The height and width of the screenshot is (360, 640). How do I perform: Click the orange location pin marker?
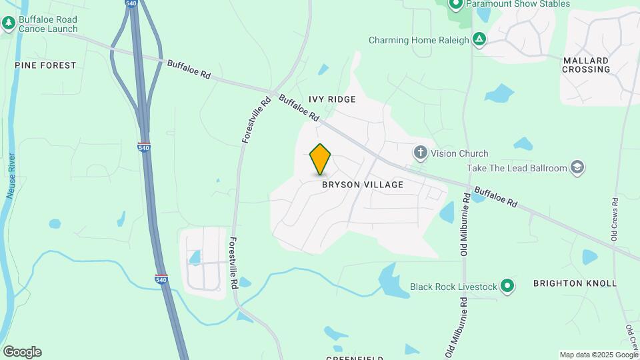point(321,159)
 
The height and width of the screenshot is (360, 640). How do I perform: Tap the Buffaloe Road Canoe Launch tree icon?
point(9,23)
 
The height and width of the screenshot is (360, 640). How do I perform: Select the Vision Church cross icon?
point(420,153)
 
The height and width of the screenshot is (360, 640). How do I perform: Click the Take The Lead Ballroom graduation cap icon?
point(577,168)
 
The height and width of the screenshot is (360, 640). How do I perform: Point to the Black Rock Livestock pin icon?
point(507,287)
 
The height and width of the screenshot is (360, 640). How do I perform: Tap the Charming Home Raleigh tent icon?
point(479,39)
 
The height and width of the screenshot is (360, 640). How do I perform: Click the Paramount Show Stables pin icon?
point(456,5)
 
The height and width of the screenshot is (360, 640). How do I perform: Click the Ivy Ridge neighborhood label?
point(332,99)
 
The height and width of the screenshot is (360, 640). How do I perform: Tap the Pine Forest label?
point(45,65)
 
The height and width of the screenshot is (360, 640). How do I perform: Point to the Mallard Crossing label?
point(587,65)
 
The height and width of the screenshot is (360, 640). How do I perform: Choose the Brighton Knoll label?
point(575,283)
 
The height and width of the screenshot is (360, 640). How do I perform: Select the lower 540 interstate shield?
point(161,279)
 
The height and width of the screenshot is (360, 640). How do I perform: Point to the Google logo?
point(22,352)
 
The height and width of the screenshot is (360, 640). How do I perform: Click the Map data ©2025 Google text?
point(598,355)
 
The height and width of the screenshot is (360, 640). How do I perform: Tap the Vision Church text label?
point(459,153)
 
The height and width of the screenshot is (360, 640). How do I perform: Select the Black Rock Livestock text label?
point(453,287)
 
